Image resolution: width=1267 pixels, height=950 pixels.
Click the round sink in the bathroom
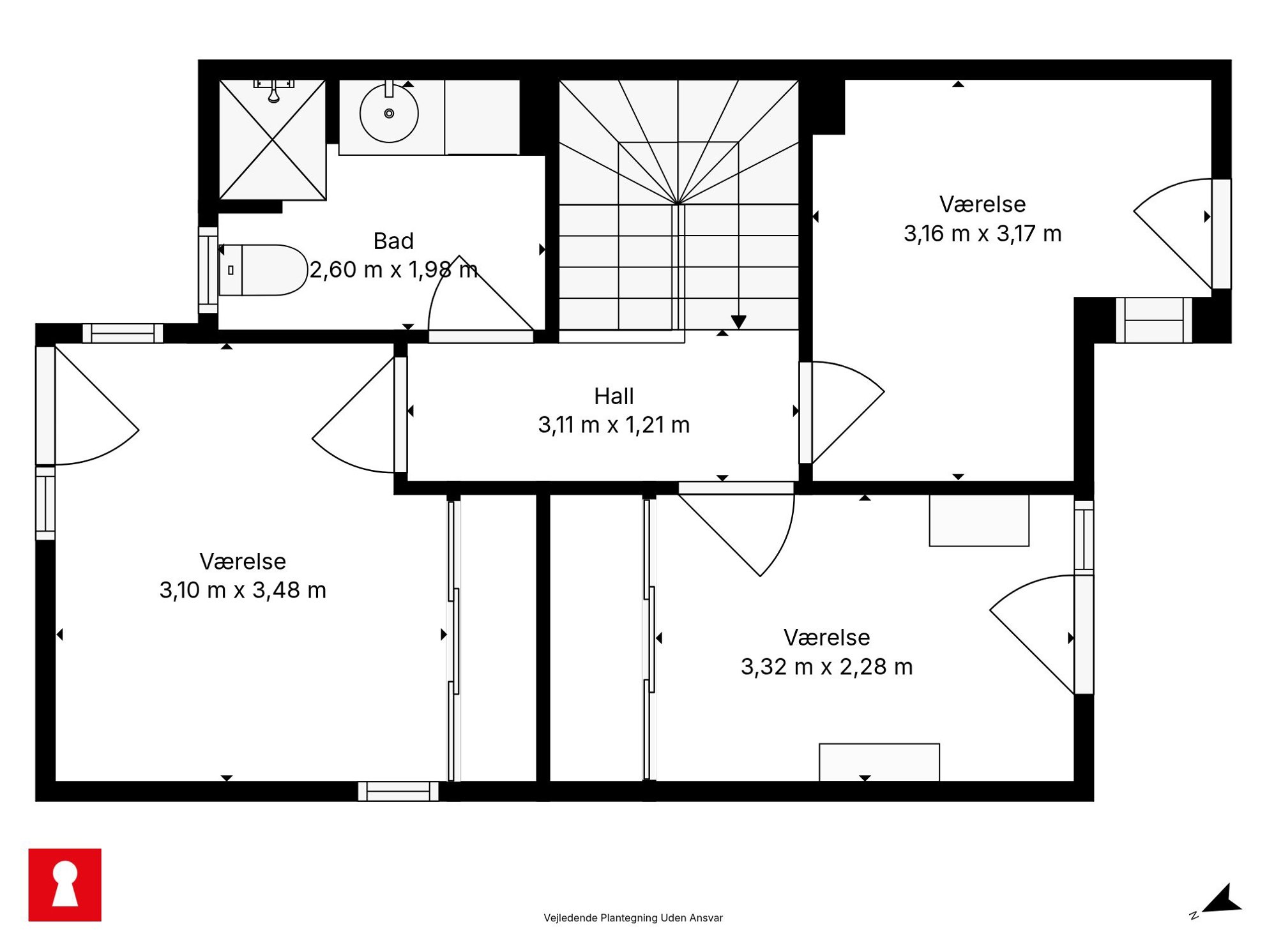click(x=389, y=114)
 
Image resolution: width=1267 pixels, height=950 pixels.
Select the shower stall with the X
click(x=273, y=140)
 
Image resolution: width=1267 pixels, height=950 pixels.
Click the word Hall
click(x=614, y=396)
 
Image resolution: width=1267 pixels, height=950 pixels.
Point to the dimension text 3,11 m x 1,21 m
click(x=614, y=425)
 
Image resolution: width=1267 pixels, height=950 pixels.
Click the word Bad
click(x=393, y=241)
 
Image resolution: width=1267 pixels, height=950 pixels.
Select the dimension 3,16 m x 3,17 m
click(x=982, y=234)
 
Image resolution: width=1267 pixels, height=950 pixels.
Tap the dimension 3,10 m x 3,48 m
click(x=243, y=590)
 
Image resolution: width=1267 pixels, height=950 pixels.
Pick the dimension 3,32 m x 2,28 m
click(x=826, y=667)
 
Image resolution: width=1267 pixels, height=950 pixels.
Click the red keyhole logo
click(x=65, y=885)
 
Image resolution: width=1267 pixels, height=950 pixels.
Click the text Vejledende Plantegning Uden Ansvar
click(x=633, y=918)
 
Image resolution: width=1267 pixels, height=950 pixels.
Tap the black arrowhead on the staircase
click(x=739, y=322)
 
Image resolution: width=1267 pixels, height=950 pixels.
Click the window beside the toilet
click(x=208, y=270)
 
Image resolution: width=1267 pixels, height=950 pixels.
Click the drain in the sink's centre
click(x=389, y=114)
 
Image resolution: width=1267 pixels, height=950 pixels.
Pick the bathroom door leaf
click(x=496, y=293)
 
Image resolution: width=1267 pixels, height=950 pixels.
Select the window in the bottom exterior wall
click(x=398, y=792)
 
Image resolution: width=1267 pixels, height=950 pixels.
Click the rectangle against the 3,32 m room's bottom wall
click(x=879, y=762)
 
